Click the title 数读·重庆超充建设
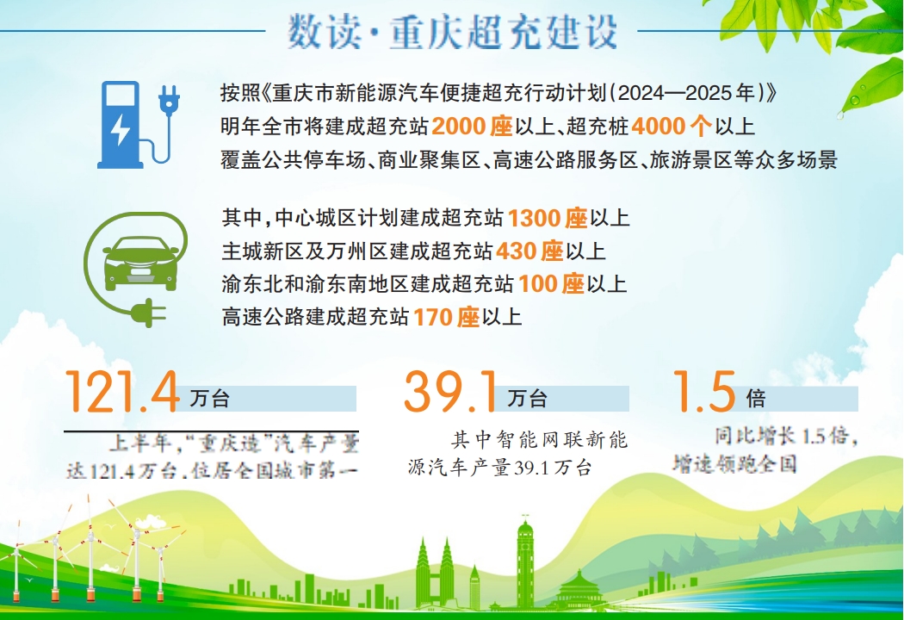tap(453, 33)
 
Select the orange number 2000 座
tap(472, 127)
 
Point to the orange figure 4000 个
tap(671, 127)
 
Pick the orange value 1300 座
tap(547, 218)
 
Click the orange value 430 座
tap(529, 251)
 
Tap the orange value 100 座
tap(551, 284)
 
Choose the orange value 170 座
tap(446, 317)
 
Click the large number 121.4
tap(122, 392)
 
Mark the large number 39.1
tap(450, 392)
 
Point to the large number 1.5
tap(704, 392)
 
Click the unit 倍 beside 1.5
tap(756, 398)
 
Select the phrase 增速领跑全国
tap(734, 463)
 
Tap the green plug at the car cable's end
tap(148, 313)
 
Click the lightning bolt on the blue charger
tap(121, 130)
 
